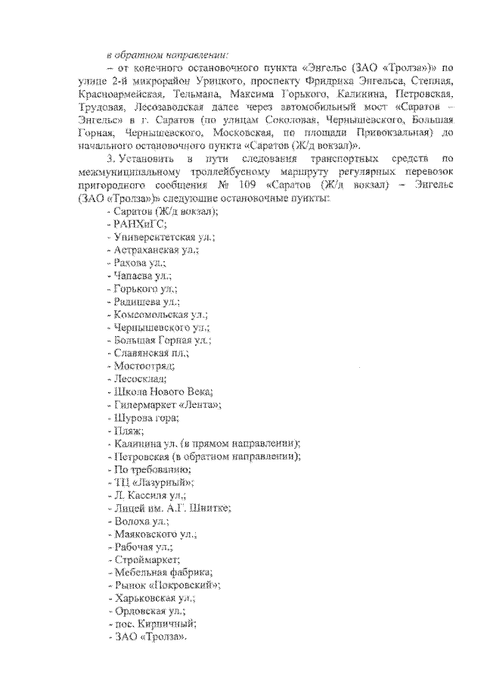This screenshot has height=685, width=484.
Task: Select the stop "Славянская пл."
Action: click(150, 353)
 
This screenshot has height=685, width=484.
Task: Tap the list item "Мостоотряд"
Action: click(141, 366)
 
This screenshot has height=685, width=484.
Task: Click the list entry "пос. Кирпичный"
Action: click(155, 624)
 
